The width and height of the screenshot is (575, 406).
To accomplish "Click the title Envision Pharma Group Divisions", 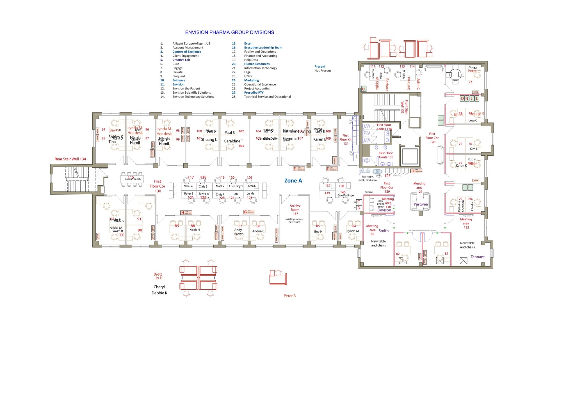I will [229, 33].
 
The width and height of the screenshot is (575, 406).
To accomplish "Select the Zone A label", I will [293, 181].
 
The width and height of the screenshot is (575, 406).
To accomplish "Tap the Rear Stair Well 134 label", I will [70, 159].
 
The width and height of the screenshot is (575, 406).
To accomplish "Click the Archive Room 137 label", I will [295, 210].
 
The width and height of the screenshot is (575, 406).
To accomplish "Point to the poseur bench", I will [132, 179].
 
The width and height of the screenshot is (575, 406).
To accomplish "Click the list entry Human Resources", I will [257, 64].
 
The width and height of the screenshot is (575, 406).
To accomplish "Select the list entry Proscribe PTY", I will [254, 93].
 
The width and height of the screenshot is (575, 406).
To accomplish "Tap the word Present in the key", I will [320, 66].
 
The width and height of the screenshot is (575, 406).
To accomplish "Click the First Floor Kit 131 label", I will [346, 139].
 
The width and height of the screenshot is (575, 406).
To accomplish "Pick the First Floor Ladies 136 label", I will [384, 127].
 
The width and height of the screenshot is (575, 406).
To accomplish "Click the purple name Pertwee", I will [421, 204].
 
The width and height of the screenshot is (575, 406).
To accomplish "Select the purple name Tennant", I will [478, 257].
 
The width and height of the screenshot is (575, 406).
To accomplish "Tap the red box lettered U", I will [363, 89].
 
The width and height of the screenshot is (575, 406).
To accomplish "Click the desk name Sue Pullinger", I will [346, 195].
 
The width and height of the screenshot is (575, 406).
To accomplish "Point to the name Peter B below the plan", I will [289, 296].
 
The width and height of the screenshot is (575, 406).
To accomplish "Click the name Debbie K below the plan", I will [159, 293].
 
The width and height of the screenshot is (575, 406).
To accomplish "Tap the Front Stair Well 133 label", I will [404, 107].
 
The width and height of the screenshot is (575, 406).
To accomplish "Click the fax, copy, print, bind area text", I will [367, 178].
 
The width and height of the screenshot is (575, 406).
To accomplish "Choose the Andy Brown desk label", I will [239, 232].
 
